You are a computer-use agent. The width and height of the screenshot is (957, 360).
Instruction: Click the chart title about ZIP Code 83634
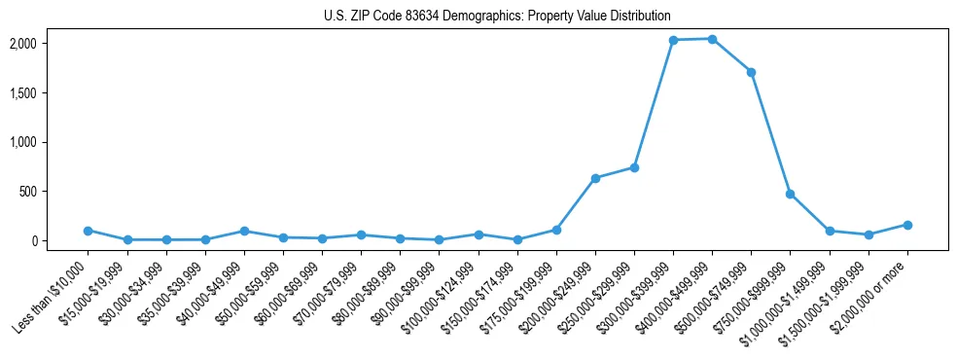(497, 16)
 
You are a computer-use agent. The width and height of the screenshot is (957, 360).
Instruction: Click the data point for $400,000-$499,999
(712, 39)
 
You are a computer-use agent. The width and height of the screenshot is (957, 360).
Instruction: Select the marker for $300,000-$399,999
(673, 40)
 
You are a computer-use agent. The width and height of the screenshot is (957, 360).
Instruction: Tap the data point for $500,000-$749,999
(751, 72)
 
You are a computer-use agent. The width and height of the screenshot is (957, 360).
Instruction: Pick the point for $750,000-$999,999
(790, 194)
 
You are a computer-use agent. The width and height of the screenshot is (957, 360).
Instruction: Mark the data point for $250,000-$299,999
(634, 167)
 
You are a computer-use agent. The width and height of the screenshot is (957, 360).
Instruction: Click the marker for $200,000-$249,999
(595, 178)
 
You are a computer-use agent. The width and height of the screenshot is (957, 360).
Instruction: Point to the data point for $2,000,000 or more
(907, 225)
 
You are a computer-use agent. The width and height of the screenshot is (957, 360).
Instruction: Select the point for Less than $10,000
(88, 231)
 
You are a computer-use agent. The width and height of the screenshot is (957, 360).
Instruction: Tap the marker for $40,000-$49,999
(244, 231)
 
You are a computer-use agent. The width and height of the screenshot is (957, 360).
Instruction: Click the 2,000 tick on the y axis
(51, 44)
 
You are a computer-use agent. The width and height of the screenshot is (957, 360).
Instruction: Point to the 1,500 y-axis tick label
(51, 93)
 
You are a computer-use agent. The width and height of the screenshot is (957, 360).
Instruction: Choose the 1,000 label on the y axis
(51, 142)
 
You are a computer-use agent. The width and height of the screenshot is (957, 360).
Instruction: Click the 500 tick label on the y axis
(56, 192)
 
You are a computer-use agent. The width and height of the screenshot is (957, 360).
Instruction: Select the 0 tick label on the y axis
(61, 240)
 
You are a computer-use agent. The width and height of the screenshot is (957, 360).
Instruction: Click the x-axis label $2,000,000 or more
(873, 289)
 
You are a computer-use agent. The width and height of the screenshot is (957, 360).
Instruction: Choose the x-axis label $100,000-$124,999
(442, 292)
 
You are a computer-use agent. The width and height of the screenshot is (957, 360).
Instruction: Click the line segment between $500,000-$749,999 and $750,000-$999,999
(770, 133)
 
